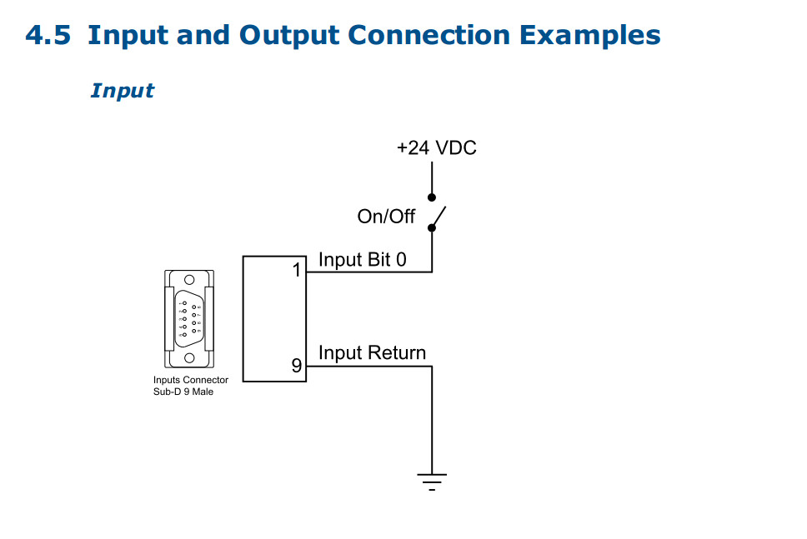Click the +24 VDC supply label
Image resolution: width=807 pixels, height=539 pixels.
click(436, 148)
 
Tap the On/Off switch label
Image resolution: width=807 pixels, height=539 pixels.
click(386, 217)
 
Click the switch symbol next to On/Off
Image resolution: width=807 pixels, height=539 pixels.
click(437, 215)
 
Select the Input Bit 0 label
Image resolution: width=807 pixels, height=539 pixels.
click(362, 260)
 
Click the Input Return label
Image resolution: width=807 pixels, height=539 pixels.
click(372, 353)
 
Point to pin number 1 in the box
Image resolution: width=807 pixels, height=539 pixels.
click(296, 270)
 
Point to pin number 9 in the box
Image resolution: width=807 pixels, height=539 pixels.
click(296, 365)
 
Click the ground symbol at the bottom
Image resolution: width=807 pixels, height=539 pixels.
click(432, 481)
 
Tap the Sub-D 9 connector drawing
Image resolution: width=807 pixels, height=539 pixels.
click(189, 318)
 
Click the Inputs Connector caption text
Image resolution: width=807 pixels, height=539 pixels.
click(190, 380)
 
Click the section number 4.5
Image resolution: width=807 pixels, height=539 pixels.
click(48, 36)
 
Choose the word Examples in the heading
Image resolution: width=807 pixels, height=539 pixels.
click(589, 36)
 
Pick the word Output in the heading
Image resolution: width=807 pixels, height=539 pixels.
click(288, 36)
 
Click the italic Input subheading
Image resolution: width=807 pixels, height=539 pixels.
click(123, 90)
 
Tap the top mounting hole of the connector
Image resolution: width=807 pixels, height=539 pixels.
click(189, 280)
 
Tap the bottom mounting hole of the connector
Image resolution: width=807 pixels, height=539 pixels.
click(189, 357)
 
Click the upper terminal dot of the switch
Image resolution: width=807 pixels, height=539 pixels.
click(432, 198)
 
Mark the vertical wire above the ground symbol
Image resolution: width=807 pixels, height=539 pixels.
click(432, 417)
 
